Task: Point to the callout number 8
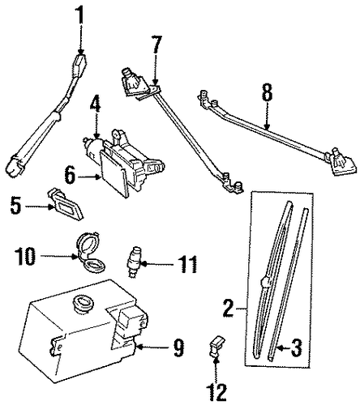(x=267, y=93)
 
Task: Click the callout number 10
(x=25, y=256)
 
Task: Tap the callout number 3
(x=295, y=347)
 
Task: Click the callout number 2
(x=229, y=309)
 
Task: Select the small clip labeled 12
(x=216, y=346)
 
